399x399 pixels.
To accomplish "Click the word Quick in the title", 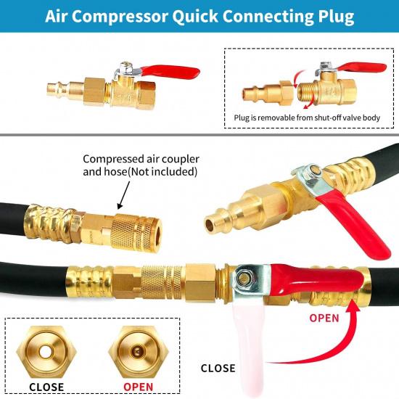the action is click(194, 16).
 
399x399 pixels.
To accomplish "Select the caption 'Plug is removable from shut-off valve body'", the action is click(307, 118).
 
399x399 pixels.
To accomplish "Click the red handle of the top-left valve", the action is click(170, 71).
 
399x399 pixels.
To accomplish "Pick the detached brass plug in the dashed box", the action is click(268, 91).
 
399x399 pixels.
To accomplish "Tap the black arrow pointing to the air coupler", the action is click(124, 194).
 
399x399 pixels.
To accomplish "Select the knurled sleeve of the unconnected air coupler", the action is click(133, 231).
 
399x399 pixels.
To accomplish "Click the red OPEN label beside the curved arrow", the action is click(324, 318).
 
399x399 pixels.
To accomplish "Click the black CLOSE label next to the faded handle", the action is click(218, 369).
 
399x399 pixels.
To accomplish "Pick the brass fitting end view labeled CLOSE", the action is click(46, 353).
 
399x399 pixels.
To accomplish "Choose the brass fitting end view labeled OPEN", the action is click(138, 353).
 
